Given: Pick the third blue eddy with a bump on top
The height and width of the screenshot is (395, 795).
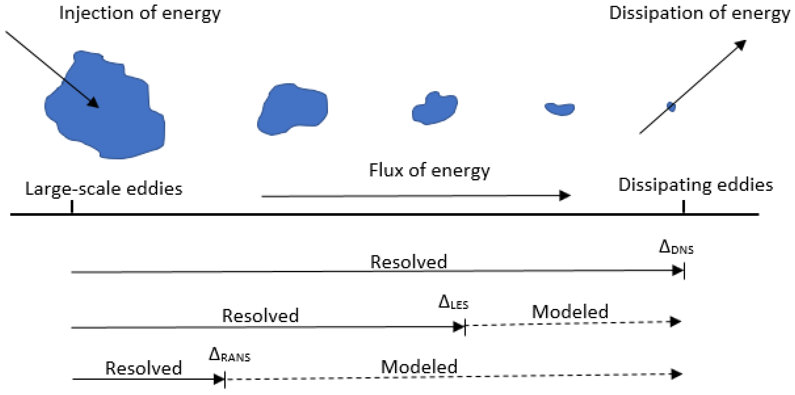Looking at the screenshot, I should click(435, 109).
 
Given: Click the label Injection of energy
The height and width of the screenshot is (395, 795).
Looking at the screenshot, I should click(140, 14).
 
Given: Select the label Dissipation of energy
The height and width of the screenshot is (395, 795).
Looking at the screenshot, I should click(699, 14).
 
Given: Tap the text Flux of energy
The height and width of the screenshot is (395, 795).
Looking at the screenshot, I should click(429, 170).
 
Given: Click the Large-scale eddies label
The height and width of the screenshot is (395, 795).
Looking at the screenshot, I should click(104, 189).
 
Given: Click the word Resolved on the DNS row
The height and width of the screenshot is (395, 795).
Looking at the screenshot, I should click(408, 262).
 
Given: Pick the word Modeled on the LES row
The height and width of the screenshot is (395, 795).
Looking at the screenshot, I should click(570, 312).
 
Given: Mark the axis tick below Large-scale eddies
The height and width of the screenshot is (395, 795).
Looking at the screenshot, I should click(72, 207).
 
